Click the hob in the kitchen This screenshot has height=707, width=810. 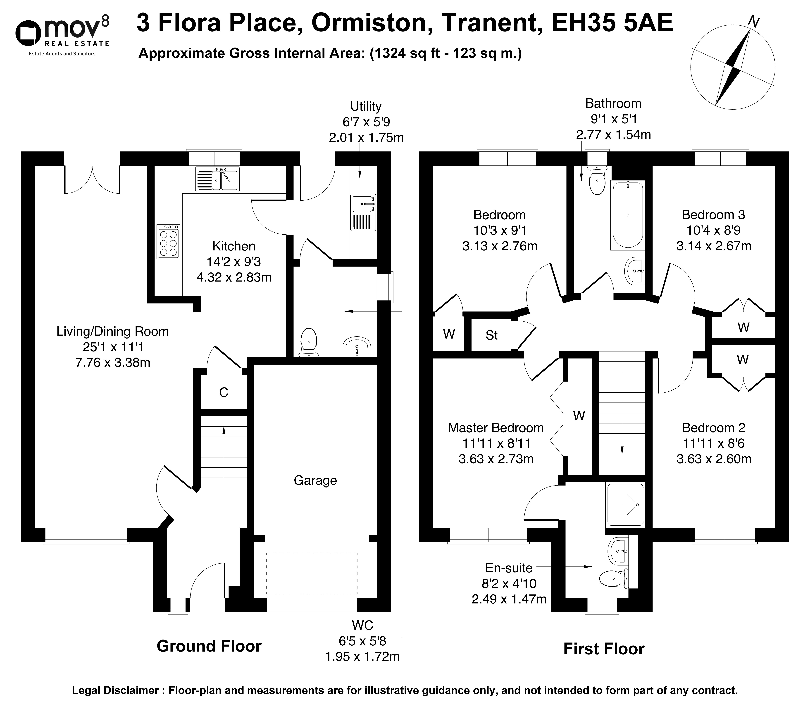[x=168, y=241]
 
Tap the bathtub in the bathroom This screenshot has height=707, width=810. [x=627, y=215]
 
